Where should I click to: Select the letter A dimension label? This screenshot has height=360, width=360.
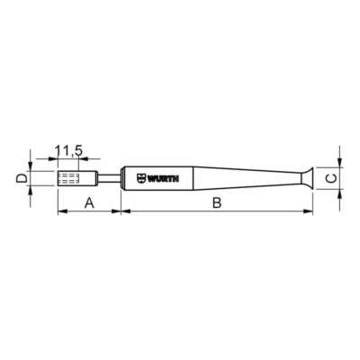tap(88, 202)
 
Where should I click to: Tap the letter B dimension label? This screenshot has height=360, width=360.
tap(216, 202)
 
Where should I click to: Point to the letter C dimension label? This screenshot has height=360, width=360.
tap(331, 178)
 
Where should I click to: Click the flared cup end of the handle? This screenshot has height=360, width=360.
tap(307, 178)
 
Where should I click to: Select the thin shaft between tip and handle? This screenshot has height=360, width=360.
tap(108, 178)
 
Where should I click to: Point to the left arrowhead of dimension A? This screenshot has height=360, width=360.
tap(60, 211)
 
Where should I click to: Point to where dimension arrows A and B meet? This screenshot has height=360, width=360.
tap(120, 211)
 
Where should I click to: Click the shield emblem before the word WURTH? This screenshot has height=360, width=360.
tap(140, 178)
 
